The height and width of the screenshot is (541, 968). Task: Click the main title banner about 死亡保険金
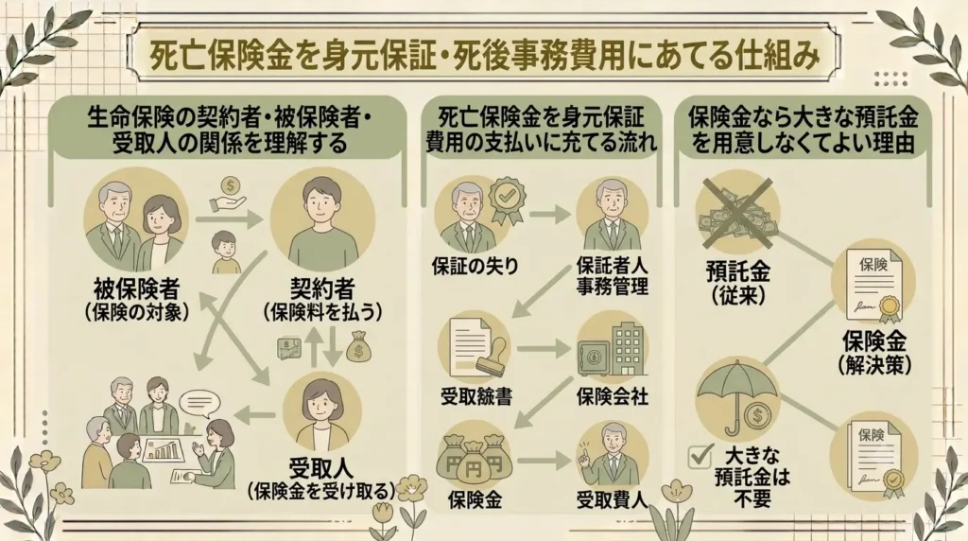click(484, 54)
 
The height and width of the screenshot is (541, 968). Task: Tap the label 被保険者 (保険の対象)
click(136, 300)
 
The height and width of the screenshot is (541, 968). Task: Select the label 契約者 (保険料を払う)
click(322, 300)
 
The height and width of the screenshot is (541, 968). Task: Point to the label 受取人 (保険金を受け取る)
click(321, 480)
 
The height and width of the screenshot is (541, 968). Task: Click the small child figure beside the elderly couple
click(226, 253)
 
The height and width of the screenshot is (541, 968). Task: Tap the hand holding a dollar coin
click(229, 193)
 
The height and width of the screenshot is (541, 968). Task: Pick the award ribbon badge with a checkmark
click(508, 199)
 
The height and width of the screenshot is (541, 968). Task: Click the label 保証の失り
click(475, 266)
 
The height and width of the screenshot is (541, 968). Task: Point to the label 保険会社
click(613, 396)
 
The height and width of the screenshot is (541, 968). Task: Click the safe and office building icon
click(612, 349)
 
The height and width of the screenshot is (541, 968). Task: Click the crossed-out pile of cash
click(736, 211)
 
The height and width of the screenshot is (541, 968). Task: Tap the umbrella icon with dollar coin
click(737, 400)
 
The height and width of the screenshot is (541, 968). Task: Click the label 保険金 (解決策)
click(874, 353)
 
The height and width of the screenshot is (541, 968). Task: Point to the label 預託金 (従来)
click(738, 284)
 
